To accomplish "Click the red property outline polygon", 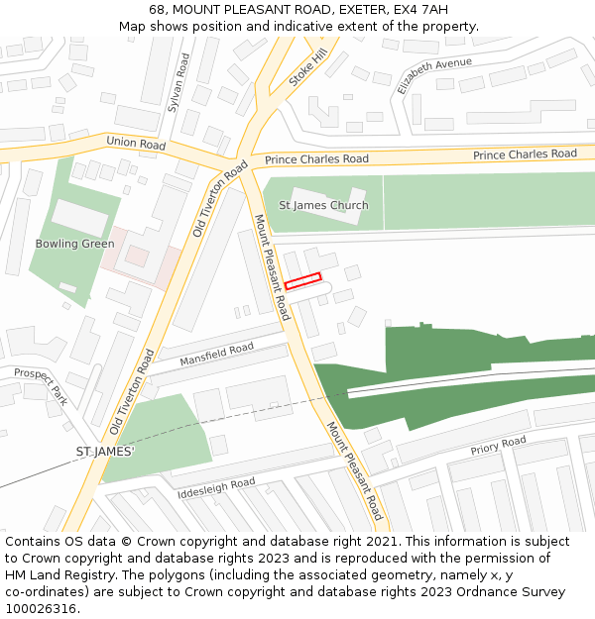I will [x=303, y=281].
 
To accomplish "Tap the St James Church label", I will [x=323, y=206].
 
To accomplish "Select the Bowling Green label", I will [x=75, y=244].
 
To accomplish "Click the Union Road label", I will [x=135, y=144].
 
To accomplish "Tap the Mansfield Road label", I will [x=216, y=355].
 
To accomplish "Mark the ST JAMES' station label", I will [x=105, y=452].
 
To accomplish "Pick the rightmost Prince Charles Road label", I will [x=525, y=155].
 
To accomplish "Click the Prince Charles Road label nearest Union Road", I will [x=316, y=159].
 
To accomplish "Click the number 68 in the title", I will [x=157, y=9].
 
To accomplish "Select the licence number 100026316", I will [x=40, y=609].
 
